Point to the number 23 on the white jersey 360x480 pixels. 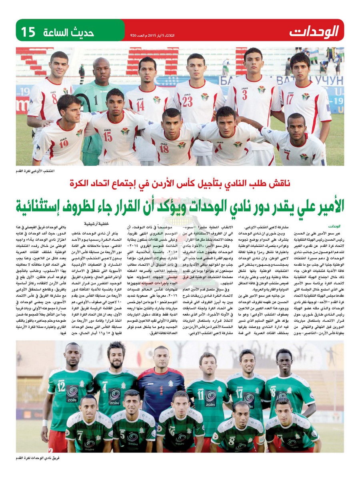coord(188,102)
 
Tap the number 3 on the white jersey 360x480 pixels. coord(245,95)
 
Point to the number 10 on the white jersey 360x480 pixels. coord(64,143)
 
